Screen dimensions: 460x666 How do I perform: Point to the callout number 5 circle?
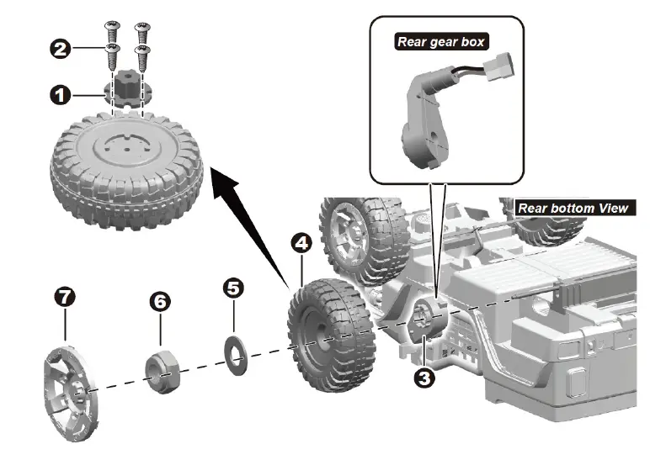pos(234,288)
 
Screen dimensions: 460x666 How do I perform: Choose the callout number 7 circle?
pos(65,296)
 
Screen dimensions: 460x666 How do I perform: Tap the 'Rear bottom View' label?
pos(572,208)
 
